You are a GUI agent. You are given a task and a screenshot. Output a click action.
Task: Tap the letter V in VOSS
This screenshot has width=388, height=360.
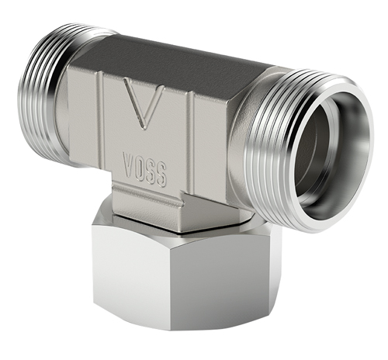[129, 165]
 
